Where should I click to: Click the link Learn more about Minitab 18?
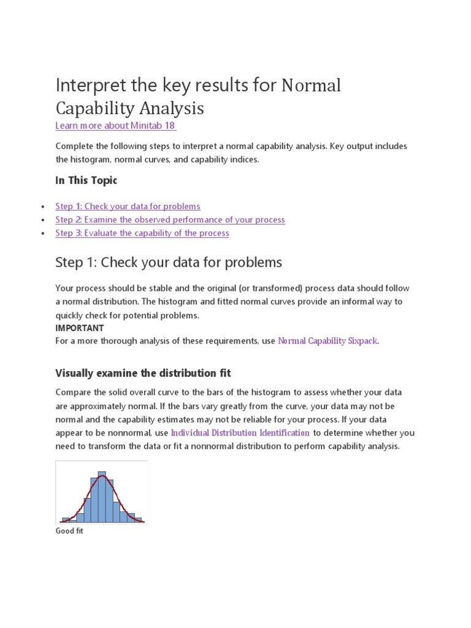[115, 126]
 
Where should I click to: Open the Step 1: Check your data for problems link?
[128, 207]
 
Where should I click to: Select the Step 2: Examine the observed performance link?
[170, 220]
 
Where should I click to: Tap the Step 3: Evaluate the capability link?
[142, 233]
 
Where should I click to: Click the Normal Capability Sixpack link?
[328, 341]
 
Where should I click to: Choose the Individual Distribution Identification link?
[240, 432]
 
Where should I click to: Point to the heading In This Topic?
[86, 180]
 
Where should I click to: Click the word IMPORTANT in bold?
[79, 328]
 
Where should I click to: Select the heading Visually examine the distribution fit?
[143, 373]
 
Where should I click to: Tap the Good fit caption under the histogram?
[69, 531]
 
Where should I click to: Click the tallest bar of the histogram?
[102, 497]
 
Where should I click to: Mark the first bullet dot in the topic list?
[42, 207]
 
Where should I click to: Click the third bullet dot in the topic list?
[42, 234]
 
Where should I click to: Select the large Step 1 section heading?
[169, 262]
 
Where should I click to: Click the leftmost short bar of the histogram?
[66, 520]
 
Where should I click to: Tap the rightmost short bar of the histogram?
[138, 520]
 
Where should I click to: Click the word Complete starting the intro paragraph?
[76, 146]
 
